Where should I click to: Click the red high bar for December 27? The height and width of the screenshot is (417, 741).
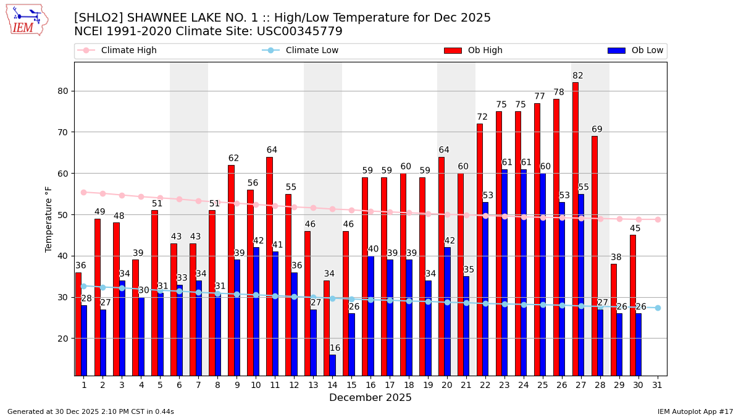tap(575, 229)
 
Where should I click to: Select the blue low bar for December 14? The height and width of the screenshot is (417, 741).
tap(332, 364)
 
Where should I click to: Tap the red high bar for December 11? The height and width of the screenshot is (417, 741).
tap(269, 266)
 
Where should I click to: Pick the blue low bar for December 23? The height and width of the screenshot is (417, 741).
tap(504, 272)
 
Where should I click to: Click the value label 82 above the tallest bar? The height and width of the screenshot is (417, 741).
tap(577, 76)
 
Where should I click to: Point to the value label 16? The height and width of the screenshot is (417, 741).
tap(335, 348)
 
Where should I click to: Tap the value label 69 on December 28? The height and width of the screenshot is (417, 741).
tap(597, 130)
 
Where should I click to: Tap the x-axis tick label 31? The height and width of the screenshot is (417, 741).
tap(658, 384)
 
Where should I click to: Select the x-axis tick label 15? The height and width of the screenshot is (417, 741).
tap(351, 384)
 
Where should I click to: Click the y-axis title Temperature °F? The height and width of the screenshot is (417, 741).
tap(49, 219)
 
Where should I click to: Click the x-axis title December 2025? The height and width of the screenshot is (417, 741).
tap(370, 398)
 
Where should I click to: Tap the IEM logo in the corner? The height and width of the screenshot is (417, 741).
tap(27, 20)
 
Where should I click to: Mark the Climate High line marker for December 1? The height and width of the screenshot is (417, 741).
tap(83, 192)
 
